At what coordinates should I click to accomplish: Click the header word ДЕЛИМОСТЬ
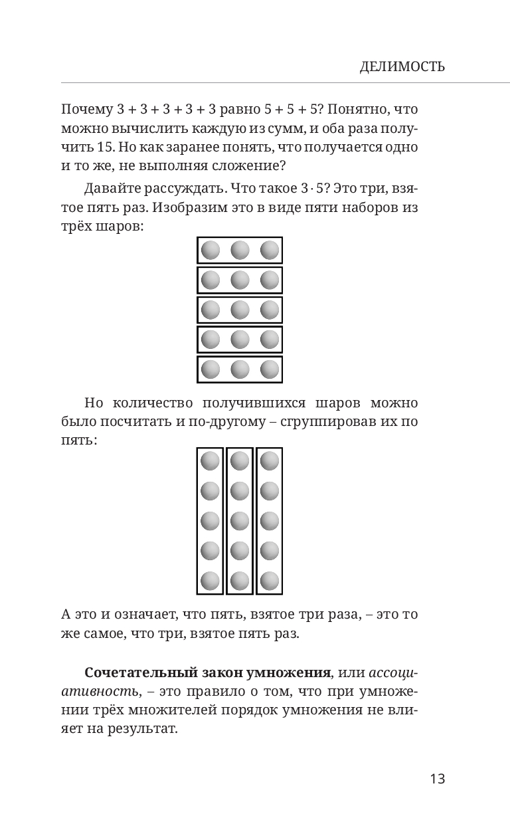tap(402, 67)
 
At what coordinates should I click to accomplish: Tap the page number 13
tap(437, 779)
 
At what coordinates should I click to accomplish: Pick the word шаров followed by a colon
tap(118, 227)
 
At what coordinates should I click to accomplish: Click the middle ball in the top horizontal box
tap(240, 251)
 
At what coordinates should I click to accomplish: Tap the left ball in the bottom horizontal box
tap(211, 369)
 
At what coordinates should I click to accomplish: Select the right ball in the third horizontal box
tap(270, 310)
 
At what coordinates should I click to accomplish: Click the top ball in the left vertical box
tap(211, 461)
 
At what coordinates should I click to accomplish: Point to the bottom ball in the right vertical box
tap(270, 581)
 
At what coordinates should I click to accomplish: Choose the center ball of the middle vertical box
tap(240, 521)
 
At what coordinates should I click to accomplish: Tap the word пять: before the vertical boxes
tap(78, 441)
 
